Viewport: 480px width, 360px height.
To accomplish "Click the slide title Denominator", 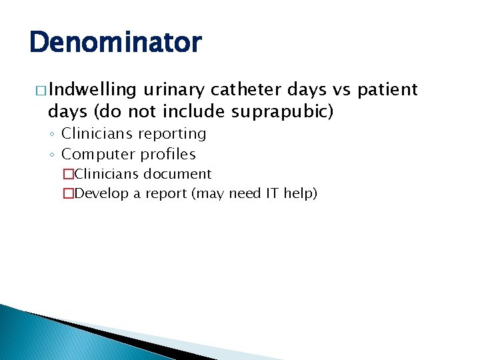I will tap(115, 43).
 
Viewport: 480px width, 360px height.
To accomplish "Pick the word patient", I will tap(389, 89).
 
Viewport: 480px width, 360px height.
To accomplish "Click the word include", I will tap(193, 111).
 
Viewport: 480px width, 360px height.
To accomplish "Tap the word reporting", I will tap(172, 134).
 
